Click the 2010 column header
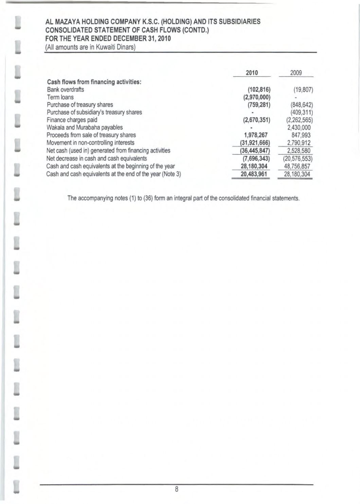pyautogui.click(x=252, y=73)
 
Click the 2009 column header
pyautogui.click(x=296, y=73)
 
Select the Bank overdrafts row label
pyautogui.click(x=65, y=90)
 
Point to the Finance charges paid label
pyautogui.click(x=72, y=120)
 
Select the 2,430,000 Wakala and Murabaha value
pyautogui.click(x=299, y=127)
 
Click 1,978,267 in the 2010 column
pyautogui.click(x=256, y=135)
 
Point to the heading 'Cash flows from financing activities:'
pyautogui.click(x=94, y=82)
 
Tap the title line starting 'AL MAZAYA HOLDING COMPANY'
pyautogui.click(x=153, y=22)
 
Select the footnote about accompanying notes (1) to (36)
pyautogui.click(x=183, y=198)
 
